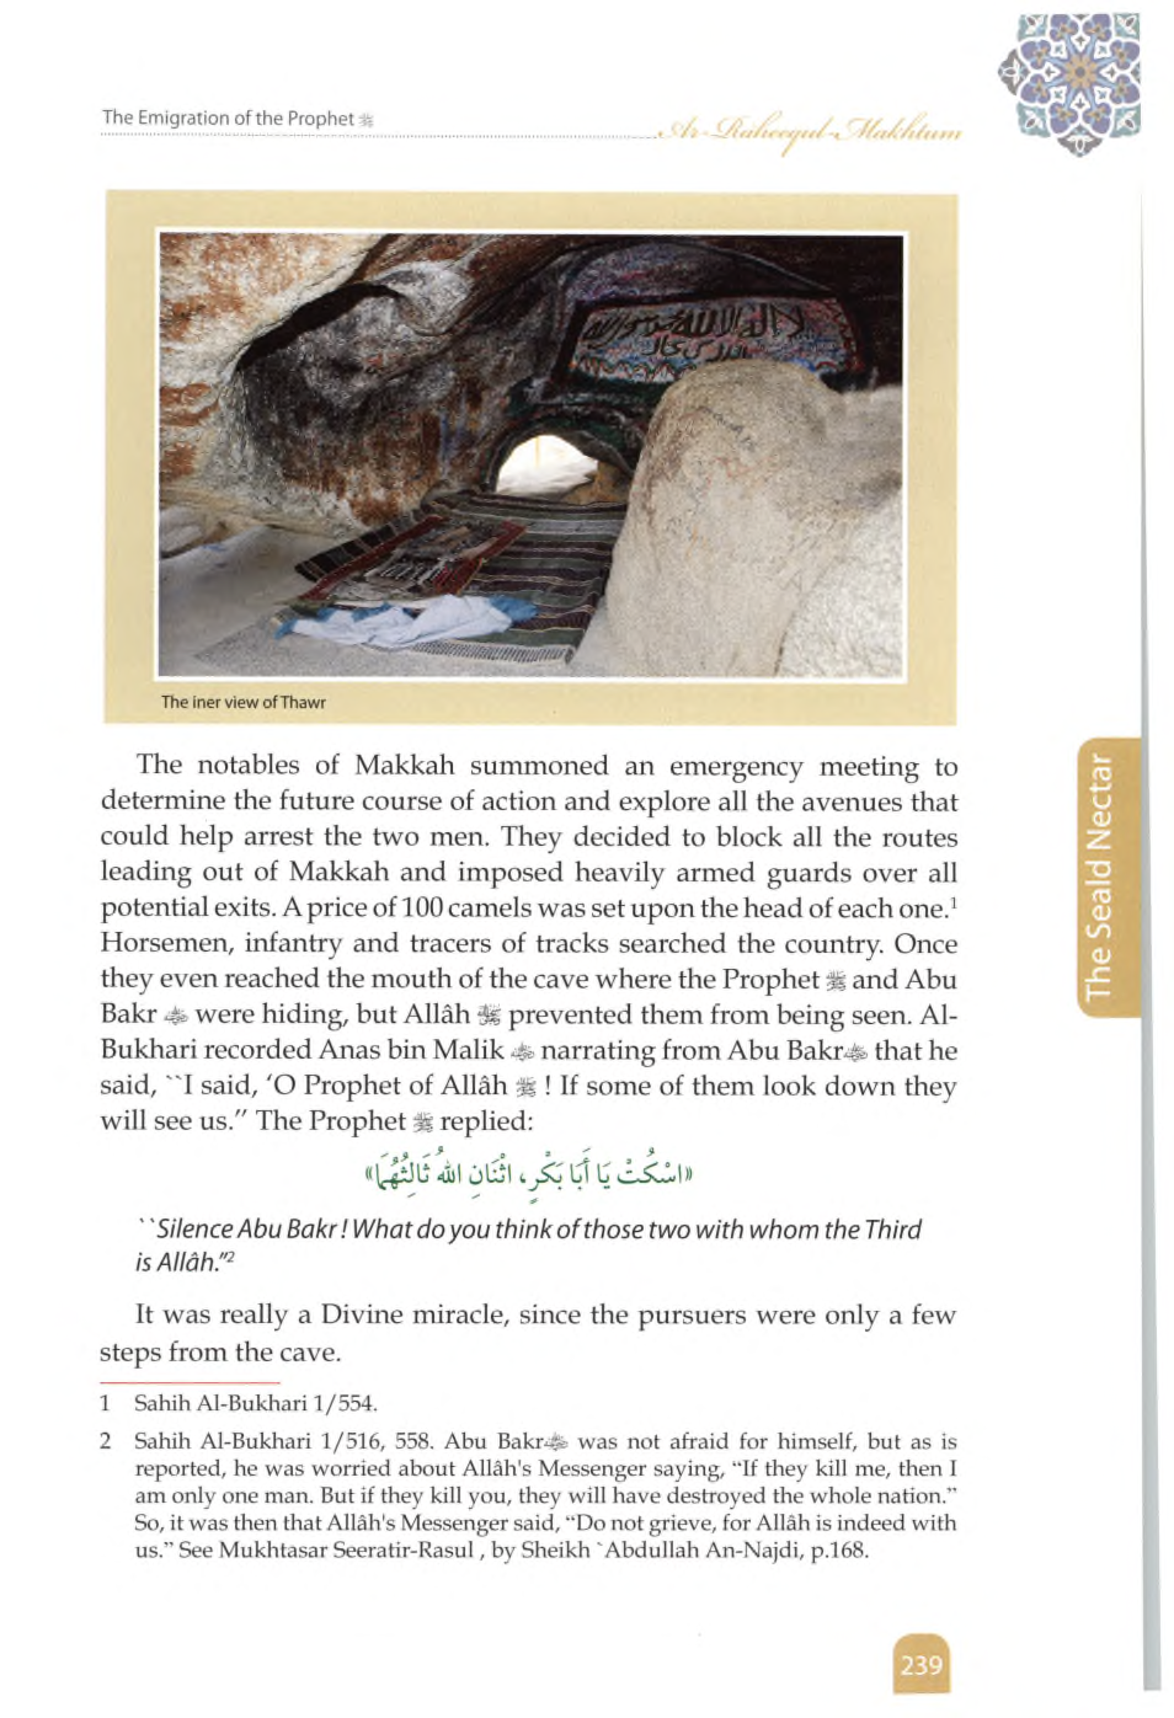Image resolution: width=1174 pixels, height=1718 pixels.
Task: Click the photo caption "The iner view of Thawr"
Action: [243, 702]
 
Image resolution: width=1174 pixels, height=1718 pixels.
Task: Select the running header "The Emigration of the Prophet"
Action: [229, 118]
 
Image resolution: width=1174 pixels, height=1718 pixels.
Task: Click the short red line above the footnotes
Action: [190, 1382]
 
